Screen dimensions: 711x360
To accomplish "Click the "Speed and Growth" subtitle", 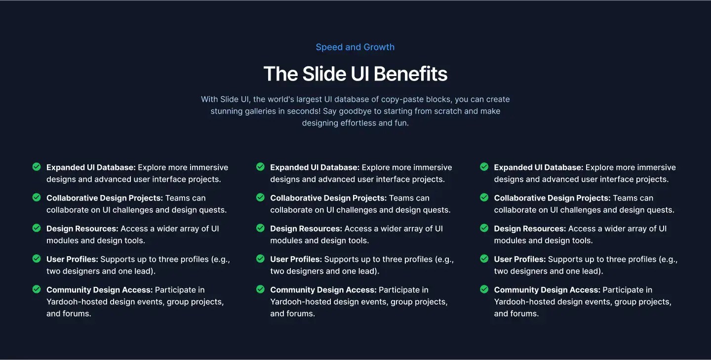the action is [355, 47].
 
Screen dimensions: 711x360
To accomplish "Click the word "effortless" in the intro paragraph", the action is [358, 123].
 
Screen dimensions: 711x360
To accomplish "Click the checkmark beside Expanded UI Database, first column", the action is [37, 167].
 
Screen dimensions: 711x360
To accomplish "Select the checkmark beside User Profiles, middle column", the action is [260, 259].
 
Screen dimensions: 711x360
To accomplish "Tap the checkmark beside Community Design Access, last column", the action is [484, 289].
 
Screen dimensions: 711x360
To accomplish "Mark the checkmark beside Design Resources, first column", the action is [37, 228].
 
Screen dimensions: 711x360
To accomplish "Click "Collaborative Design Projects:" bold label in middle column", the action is [328, 198].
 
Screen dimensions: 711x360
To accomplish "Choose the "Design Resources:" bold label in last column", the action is [530, 229].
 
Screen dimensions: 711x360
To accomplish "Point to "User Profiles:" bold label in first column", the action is [72, 259].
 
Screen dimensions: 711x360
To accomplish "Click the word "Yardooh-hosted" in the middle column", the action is [298, 302].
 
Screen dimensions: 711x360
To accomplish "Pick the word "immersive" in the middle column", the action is [433, 167].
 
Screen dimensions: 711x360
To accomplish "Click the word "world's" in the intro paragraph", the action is [269, 99].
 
